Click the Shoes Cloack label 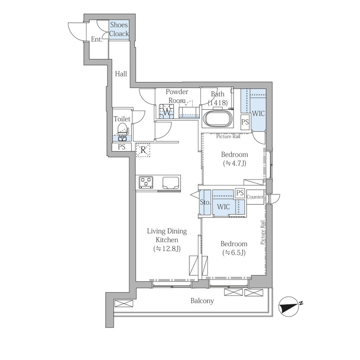[x=119, y=29]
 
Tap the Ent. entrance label [x=96, y=39]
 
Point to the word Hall [x=121, y=74]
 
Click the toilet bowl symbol [x=122, y=131]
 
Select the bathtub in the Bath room [x=218, y=119]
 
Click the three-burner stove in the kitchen [x=146, y=182]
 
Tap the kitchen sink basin [x=171, y=182]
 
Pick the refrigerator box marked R [x=143, y=150]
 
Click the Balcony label [x=202, y=301]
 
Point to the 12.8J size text [x=167, y=249]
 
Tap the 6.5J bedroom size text [x=234, y=253]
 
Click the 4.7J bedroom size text [x=234, y=163]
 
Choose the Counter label [x=255, y=197]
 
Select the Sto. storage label [x=205, y=202]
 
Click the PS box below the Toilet [x=121, y=147]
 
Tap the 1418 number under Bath [x=218, y=103]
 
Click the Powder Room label [x=177, y=96]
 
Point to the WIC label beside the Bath [x=258, y=113]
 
